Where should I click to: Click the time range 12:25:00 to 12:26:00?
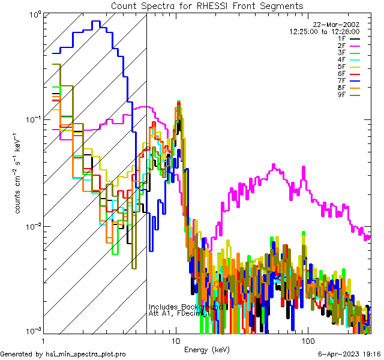point(324,31)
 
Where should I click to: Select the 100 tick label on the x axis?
point(308,340)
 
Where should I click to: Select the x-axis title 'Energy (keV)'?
point(207,349)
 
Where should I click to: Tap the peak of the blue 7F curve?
point(95,22)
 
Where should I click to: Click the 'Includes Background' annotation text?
point(187,307)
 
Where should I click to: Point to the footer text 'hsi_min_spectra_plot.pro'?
point(86,355)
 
